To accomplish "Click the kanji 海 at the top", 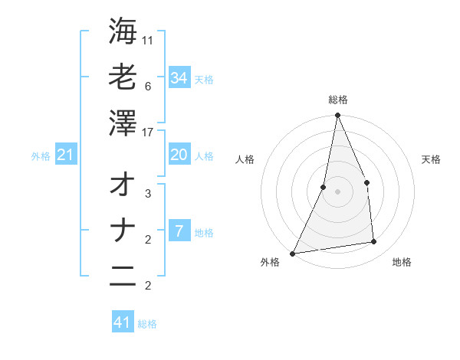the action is coord(123,31).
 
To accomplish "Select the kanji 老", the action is coord(123,77).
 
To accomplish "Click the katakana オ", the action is coord(123,185).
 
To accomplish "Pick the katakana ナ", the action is coord(123,231).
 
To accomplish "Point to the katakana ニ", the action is coord(123,277).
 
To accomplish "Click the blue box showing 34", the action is coord(179,77).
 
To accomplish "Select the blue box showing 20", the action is coord(179,155).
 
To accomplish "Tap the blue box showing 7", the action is coord(179,231).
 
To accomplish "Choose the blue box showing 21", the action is coord(66,155).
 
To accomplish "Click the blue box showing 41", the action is coord(123,322).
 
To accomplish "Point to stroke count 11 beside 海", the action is coord(148,41).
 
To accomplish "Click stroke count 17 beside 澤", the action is coord(148,133).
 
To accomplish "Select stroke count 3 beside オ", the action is coord(148,194).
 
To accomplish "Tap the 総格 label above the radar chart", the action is coord(337,100).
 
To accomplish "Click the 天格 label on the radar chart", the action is coord(431,159).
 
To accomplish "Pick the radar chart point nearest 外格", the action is coord(292,253).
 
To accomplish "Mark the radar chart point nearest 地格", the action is coord(374,242).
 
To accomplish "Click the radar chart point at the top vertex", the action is coord(337,116).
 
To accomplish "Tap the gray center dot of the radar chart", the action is coord(337,191).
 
